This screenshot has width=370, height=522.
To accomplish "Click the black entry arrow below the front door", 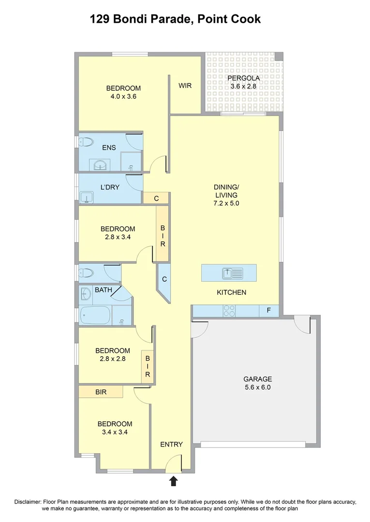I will (x=174, y=480).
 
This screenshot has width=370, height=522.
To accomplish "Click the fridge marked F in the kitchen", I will (x=268, y=311).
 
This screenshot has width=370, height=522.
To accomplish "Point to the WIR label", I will (x=185, y=86).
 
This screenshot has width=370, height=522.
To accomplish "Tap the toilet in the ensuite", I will (x=86, y=142).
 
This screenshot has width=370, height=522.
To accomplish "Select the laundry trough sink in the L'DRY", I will (x=87, y=197).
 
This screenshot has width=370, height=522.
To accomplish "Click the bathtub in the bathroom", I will (x=96, y=315).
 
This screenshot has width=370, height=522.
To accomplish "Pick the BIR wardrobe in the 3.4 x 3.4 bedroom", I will (x=101, y=391).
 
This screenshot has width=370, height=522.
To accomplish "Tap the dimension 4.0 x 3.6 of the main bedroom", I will (x=123, y=96).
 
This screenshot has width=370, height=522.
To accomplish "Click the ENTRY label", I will (x=172, y=444).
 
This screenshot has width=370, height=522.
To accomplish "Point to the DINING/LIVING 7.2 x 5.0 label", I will (x=226, y=195).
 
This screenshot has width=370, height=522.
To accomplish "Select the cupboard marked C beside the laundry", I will (x=156, y=198).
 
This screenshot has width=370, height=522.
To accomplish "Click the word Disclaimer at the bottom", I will (x=29, y=502).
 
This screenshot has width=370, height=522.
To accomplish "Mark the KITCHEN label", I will (x=231, y=292).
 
